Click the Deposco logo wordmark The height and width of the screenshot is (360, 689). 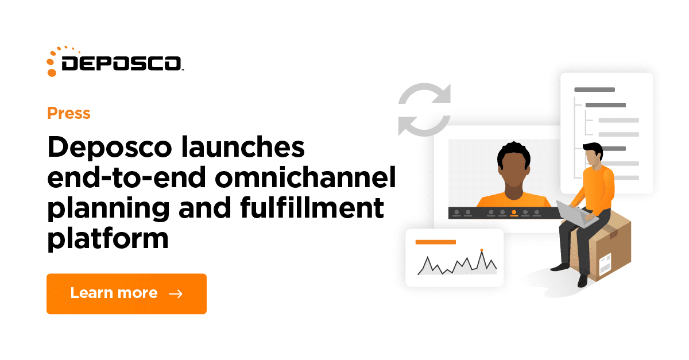point(122,64)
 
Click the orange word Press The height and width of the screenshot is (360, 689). point(68,113)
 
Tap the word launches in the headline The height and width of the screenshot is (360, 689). point(243,147)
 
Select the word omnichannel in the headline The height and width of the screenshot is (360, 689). point(305,177)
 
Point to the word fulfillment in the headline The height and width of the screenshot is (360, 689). point(312,207)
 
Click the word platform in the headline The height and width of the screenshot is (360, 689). point(108,239)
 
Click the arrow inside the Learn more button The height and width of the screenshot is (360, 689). point(176,294)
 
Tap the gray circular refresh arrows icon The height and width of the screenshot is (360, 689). point(424,110)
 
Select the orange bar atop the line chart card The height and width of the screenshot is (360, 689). point(436,242)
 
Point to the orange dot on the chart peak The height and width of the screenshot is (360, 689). point(482,250)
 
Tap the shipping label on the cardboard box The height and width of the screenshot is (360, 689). point(605,264)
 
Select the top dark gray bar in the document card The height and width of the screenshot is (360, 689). point(595,90)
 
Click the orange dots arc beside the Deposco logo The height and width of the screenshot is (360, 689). point(59,60)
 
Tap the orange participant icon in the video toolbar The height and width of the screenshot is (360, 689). point(514,213)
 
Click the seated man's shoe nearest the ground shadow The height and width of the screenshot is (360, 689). point(582,281)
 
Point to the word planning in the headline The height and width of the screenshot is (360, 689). point(109,208)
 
